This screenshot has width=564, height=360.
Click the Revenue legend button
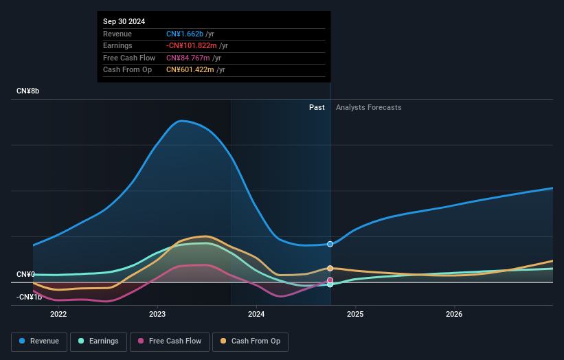click(x=39, y=341)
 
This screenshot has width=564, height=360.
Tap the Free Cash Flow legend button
click(x=170, y=341)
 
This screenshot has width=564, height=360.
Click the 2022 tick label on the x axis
click(x=58, y=315)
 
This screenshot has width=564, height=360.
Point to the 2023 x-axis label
click(x=157, y=315)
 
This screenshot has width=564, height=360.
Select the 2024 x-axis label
click(x=256, y=315)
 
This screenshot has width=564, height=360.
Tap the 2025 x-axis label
click(x=355, y=315)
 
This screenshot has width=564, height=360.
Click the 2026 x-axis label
click(x=454, y=315)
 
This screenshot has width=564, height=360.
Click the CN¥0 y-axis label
click(x=26, y=275)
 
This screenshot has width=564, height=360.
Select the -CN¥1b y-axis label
click(x=30, y=297)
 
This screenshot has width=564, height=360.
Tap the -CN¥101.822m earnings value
click(x=196, y=46)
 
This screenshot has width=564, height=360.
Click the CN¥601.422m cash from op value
click(x=196, y=69)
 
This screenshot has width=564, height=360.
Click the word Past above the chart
click(x=317, y=107)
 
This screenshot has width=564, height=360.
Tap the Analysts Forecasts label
click(x=368, y=107)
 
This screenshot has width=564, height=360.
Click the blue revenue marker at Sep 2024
click(x=330, y=244)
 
